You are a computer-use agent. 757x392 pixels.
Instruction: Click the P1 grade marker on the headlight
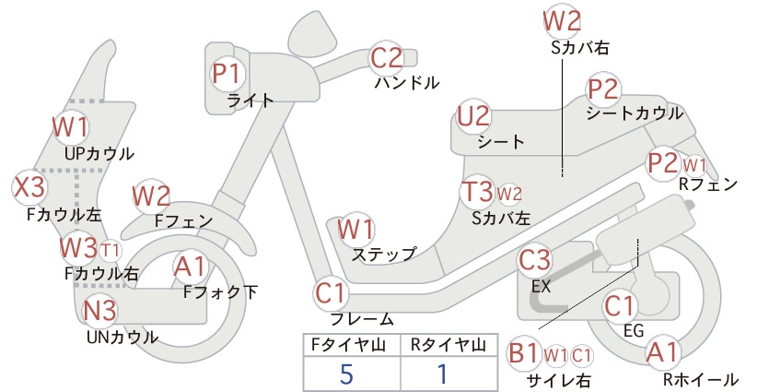pos(227,74)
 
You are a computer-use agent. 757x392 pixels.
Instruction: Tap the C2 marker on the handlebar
pos(386,58)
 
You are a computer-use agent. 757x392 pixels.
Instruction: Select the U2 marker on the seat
pos(473,116)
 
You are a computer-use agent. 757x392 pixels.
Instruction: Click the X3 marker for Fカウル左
pos(29,187)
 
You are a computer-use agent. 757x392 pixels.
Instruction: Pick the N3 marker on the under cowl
pos(100,311)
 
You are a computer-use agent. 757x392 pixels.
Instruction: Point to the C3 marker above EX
pos(534,260)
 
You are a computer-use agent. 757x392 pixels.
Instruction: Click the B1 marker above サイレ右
pos(524,354)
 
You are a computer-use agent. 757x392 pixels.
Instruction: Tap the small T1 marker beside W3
pos(111,250)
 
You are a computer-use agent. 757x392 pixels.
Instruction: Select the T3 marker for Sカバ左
pos(477,192)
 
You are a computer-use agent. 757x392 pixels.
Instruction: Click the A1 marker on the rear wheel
pos(663,352)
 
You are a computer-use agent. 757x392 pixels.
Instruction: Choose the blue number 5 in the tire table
pos(346,374)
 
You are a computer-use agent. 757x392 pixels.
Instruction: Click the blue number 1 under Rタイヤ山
pos(442,374)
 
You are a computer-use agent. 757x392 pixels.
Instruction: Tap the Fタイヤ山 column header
pos(348,345)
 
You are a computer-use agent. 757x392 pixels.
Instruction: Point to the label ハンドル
pos(407,83)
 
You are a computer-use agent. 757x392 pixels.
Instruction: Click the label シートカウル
pos(635,113)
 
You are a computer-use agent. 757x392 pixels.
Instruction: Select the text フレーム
pos(362,318)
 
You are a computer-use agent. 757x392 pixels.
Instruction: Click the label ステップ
pos(384,255)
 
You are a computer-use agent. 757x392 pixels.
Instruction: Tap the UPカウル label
pos(99,154)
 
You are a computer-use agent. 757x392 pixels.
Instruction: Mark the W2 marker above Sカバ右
pos(562,22)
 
